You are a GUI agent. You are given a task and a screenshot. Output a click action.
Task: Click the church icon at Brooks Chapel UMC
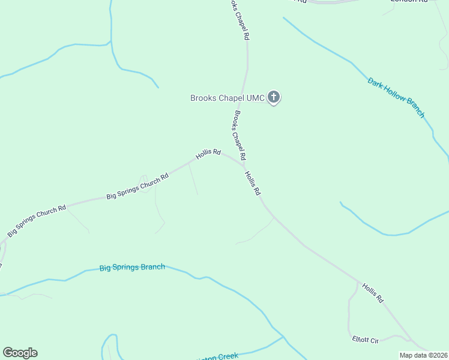coord(274,97)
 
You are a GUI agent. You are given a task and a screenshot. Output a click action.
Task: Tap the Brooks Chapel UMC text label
coord(227,98)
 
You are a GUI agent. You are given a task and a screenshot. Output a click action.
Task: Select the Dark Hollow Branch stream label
coord(396,97)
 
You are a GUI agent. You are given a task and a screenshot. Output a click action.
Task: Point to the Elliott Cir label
coord(366,340)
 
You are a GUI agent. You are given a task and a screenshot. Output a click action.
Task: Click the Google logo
coord(20,353)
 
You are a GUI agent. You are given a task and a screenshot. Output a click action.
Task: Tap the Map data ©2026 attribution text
coord(424,355)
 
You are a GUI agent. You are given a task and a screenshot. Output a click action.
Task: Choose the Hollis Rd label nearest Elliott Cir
coord(372,292)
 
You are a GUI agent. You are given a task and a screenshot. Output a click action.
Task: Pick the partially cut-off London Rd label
coord(408,1)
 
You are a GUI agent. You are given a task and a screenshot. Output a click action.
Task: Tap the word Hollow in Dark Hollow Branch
coord(396,97)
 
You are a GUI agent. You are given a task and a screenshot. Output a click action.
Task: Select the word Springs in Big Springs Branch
coord(128,268)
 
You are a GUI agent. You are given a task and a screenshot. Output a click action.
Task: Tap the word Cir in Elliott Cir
coord(374,341)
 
